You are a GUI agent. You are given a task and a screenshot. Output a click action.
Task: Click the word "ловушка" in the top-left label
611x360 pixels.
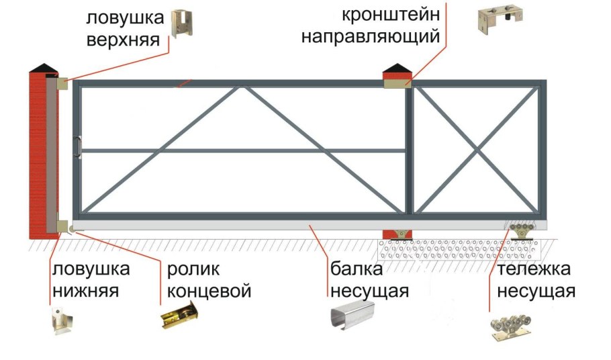click(x=124, y=16)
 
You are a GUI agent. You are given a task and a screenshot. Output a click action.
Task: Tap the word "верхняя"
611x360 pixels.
click(x=124, y=39)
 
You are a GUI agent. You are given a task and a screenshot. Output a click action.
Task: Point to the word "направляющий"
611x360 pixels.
click(x=371, y=36)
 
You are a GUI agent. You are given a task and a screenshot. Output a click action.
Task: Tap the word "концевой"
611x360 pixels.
click(x=209, y=291)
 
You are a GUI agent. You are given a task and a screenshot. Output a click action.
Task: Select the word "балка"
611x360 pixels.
click(x=357, y=269)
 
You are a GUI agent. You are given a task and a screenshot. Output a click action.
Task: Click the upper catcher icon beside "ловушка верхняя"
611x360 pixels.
click(x=181, y=24)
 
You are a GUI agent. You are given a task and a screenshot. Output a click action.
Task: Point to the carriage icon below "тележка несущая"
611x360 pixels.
click(x=514, y=328)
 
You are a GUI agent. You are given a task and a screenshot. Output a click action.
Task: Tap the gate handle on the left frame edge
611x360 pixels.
click(x=79, y=147)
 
